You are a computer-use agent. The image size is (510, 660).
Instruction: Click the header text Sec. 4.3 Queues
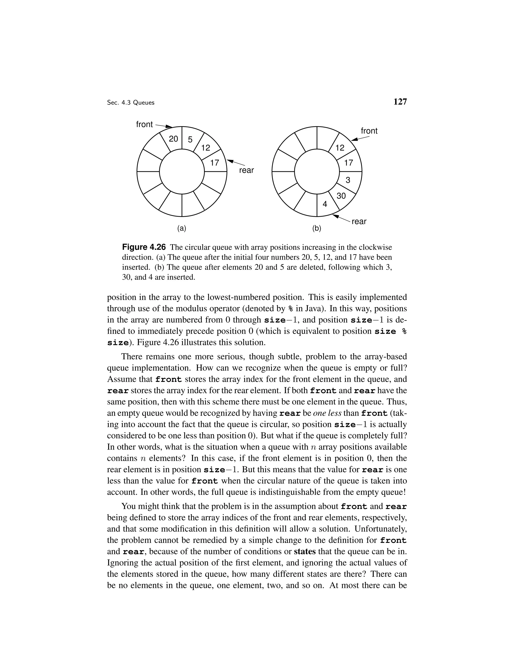130,103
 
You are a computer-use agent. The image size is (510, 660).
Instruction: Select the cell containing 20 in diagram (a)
173,139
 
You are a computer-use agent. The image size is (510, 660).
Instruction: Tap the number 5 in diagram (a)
190,140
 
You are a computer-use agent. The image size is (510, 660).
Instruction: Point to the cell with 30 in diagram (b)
341,196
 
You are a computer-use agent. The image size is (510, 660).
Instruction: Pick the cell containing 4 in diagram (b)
325,204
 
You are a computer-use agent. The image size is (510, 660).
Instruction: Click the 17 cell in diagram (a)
214,163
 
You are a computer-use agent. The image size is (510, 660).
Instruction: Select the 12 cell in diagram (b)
340,148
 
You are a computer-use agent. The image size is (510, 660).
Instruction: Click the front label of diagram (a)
144,124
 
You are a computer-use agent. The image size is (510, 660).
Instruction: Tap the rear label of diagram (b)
359,221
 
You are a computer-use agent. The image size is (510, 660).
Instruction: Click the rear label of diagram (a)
247,170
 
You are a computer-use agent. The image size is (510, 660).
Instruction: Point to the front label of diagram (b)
369,131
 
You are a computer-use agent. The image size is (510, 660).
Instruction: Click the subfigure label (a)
182,228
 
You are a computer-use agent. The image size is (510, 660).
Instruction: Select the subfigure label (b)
317,228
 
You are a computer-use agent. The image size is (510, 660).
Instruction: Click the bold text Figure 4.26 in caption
144,247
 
